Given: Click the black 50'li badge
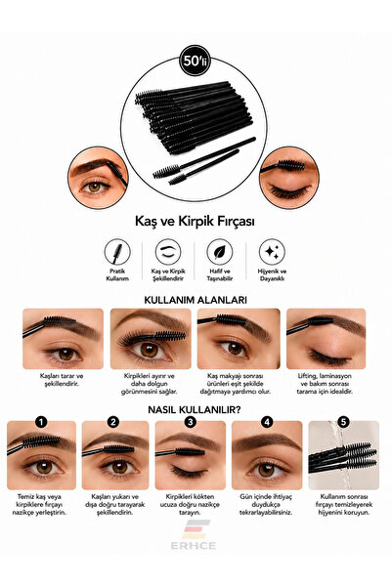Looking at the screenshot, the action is (x=195, y=61).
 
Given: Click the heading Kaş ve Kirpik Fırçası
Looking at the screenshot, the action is (x=195, y=221).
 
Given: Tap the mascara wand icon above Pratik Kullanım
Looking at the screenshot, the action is (x=117, y=252).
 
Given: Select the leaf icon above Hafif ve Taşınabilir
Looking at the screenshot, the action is (x=220, y=252).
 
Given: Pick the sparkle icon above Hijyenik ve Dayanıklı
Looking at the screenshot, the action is (x=272, y=252).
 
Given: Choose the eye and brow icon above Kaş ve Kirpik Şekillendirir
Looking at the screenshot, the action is (x=168, y=252).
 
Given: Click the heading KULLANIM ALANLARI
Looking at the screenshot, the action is (x=196, y=300).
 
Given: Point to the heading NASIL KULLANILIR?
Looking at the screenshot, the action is (x=195, y=409).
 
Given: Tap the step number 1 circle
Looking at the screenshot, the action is (x=41, y=422).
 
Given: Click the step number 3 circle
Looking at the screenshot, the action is (x=191, y=422).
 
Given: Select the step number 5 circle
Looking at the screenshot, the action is (x=343, y=422).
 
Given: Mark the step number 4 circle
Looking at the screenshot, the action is (x=267, y=422).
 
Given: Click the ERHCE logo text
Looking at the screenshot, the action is (x=194, y=545).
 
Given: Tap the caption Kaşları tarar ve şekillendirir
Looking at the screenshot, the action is (x=62, y=380).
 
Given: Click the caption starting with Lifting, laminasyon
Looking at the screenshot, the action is (x=325, y=383).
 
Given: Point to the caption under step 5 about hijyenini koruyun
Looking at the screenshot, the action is (x=344, y=504).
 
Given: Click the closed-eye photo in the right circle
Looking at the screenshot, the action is (x=289, y=178).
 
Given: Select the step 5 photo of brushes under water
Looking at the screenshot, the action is (x=344, y=455).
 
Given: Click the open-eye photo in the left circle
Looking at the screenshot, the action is (x=98, y=178).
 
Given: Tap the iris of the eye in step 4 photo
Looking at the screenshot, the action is (x=267, y=470).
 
